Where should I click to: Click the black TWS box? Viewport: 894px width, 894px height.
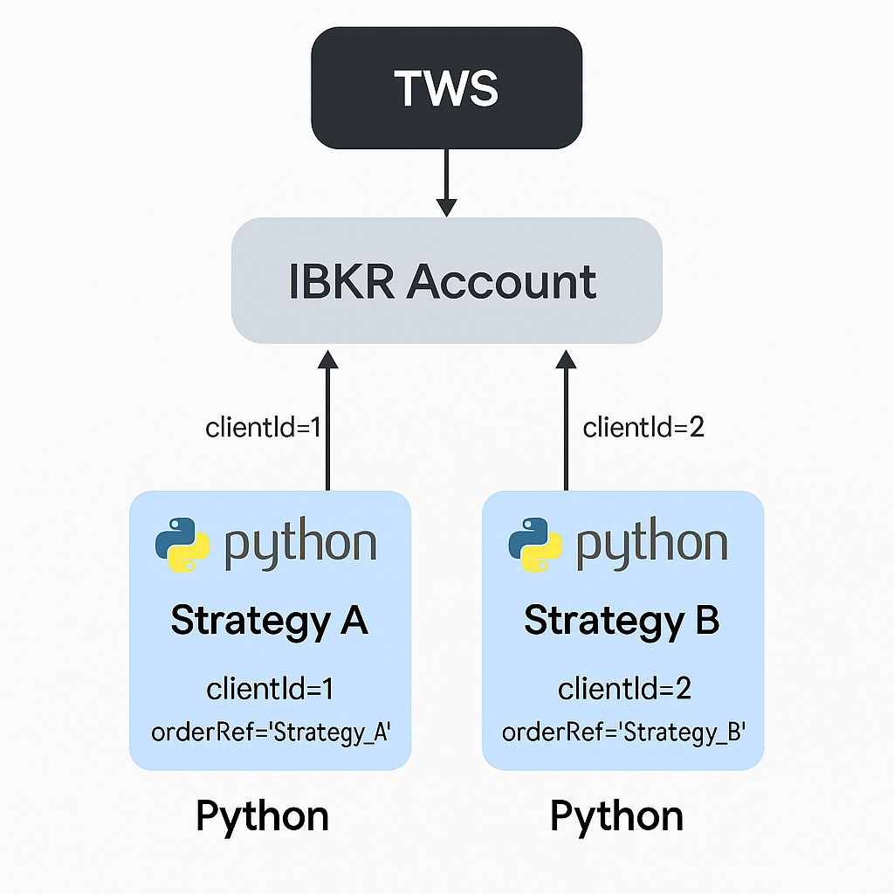pyautogui.click(x=446, y=87)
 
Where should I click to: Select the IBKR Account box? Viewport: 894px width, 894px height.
pyautogui.click(x=446, y=281)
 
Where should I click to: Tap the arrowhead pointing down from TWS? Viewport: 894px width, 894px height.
pyautogui.click(x=446, y=207)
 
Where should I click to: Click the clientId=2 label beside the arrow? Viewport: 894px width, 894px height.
pyautogui.click(x=643, y=428)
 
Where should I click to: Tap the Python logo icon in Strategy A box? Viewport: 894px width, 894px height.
pyautogui.click(x=182, y=545)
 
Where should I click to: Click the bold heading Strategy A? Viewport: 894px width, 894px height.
pyautogui.click(x=270, y=621)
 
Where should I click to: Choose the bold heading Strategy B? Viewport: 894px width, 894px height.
pyautogui.click(x=622, y=621)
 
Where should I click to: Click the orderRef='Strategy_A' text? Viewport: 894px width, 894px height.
pyautogui.click(x=270, y=732)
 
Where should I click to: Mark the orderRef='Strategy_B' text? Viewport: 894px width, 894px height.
pyautogui.click(x=622, y=732)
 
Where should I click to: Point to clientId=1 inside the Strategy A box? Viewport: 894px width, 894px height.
pyautogui.click(x=270, y=690)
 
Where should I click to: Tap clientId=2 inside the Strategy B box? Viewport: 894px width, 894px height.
pyautogui.click(x=624, y=690)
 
